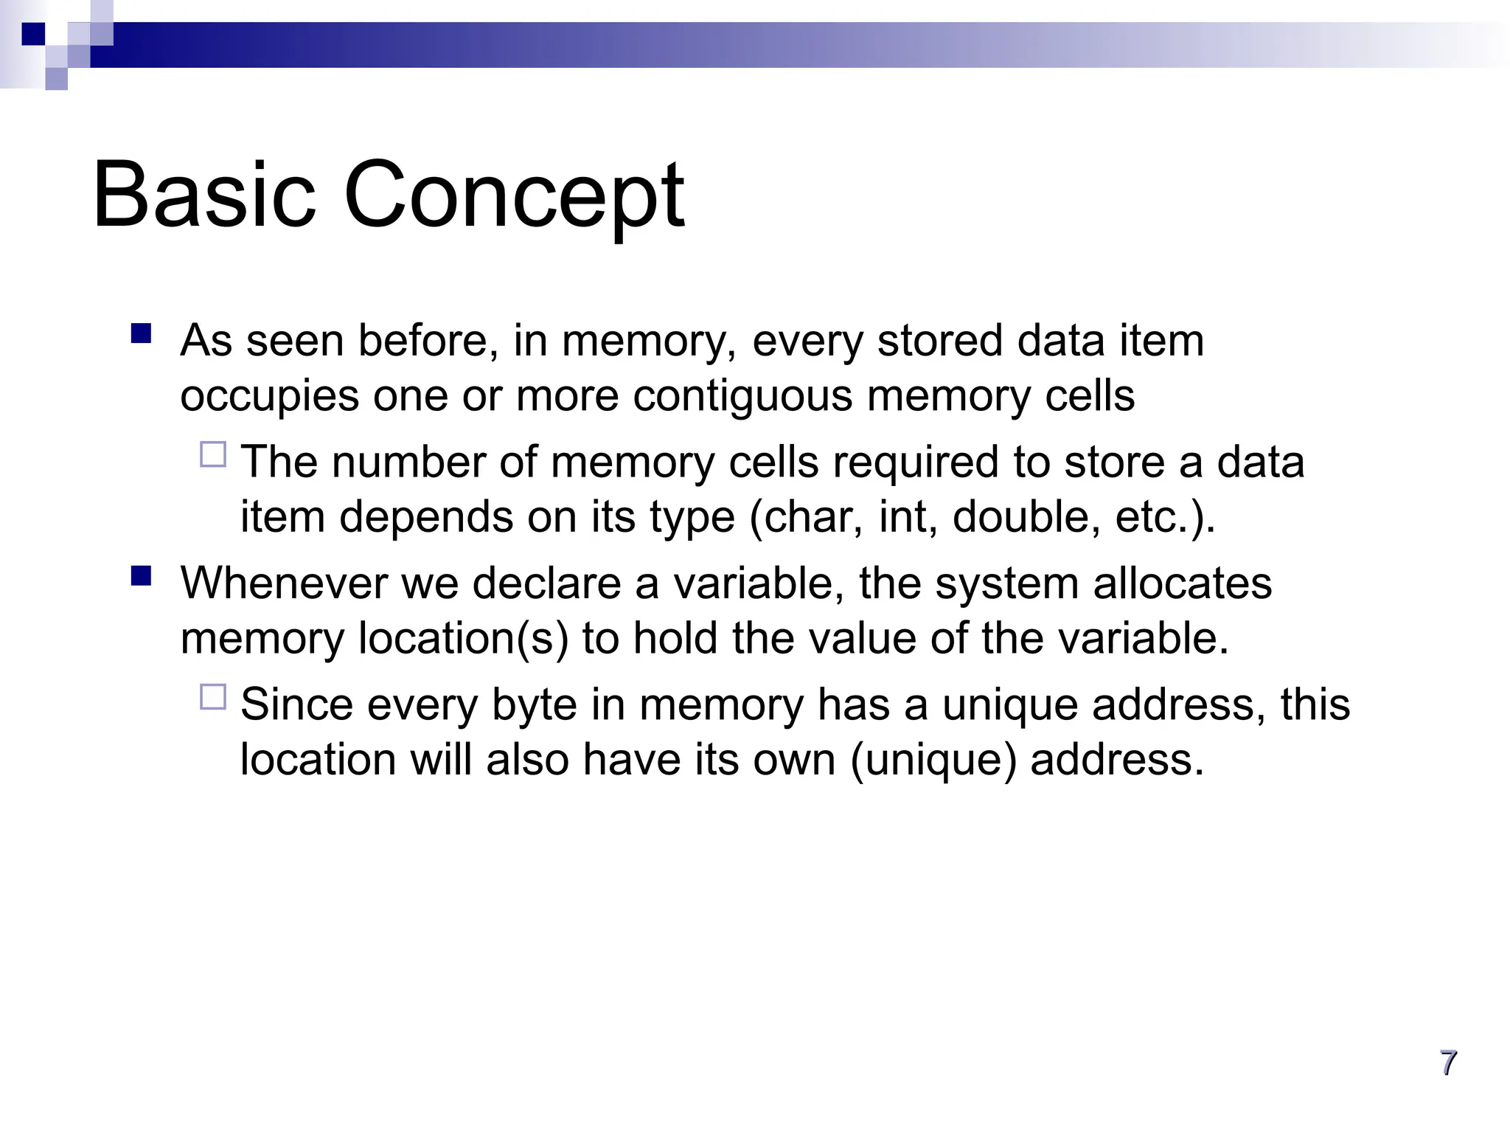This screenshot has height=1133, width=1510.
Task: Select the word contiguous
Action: click(x=742, y=396)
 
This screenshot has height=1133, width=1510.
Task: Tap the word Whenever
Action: click(x=283, y=583)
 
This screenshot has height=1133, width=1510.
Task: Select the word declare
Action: click(x=546, y=583)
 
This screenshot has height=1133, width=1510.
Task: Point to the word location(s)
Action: click(x=463, y=639)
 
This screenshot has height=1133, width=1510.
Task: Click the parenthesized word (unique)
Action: click(x=933, y=760)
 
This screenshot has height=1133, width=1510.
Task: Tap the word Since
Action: click(x=296, y=704)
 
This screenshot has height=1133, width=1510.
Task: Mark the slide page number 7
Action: click(x=1448, y=1063)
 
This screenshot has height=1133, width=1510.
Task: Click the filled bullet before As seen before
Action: click(x=141, y=334)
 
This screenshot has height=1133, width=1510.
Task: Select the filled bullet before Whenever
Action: click(x=141, y=575)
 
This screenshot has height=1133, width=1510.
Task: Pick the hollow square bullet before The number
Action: click(x=213, y=454)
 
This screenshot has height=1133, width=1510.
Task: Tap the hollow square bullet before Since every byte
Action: click(x=213, y=697)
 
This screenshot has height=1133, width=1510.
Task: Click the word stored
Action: click(x=939, y=341)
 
